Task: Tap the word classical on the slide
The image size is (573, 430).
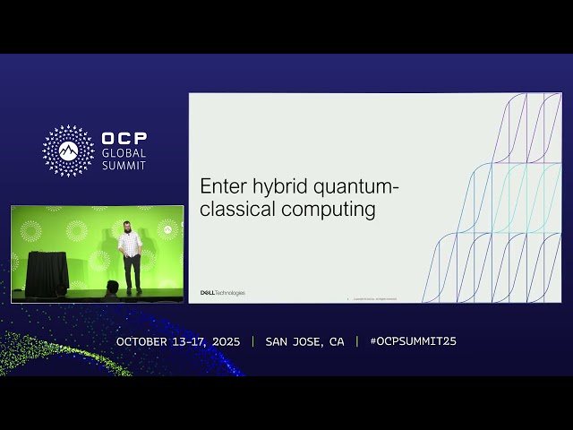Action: pyautogui.click(x=237, y=211)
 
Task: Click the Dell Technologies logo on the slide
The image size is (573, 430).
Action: pyautogui.click(x=222, y=293)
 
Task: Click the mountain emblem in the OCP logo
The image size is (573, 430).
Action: pyautogui.click(x=68, y=150)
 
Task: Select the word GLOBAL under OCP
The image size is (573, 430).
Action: pyautogui.click(x=124, y=153)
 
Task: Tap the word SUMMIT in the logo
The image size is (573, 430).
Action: pyautogui.click(x=124, y=165)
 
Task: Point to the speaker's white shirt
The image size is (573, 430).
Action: pyautogui.click(x=131, y=244)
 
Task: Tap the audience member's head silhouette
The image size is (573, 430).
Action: pyautogui.click(x=112, y=287)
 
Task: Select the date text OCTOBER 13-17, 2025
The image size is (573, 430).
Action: pyautogui.click(x=180, y=341)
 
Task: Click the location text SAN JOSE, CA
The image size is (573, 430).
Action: pyautogui.click(x=304, y=341)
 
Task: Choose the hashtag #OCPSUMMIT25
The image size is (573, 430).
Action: pyautogui.click(x=413, y=341)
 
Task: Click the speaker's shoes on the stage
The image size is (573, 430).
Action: pyautogui.click(x=133, y=290)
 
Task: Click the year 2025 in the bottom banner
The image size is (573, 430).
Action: pyautogui.click(x=226, y=341)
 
